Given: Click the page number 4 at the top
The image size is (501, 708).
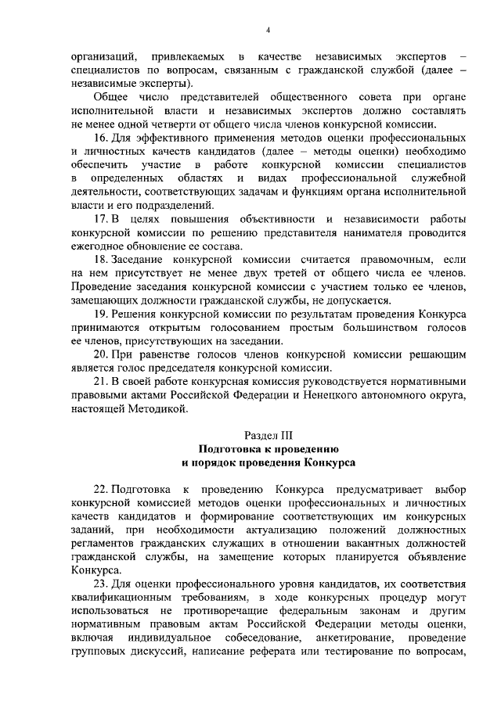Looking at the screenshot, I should (x=267, y=30).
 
